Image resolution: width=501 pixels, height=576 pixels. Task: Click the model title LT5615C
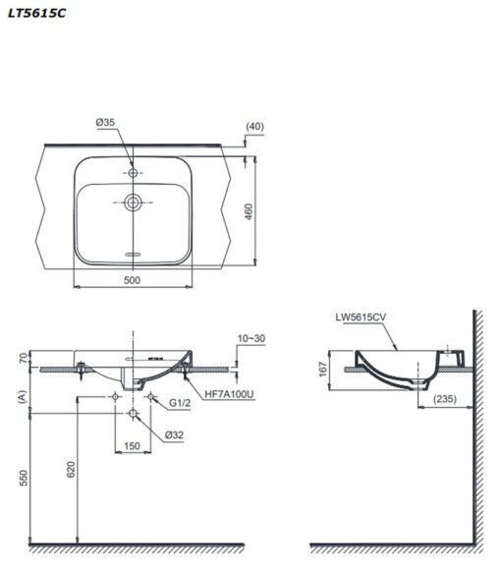tap(36, 13)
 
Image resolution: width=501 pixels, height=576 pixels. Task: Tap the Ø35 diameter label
tap(105, 122)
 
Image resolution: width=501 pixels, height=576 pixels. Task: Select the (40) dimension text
tap(254, 127)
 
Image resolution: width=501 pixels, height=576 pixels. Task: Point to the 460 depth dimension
tap(249, 211)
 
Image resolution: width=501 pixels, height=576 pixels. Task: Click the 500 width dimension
tap(133, 280)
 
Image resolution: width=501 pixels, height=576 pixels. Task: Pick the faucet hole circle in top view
tap(133, 172)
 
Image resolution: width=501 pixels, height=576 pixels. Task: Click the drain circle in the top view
tap(133, 202)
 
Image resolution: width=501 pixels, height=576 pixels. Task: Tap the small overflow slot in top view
tap(133, 254)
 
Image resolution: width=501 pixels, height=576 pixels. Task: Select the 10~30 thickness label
tap(251, 338)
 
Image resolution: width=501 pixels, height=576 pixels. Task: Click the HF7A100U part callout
tap(229, 394)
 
